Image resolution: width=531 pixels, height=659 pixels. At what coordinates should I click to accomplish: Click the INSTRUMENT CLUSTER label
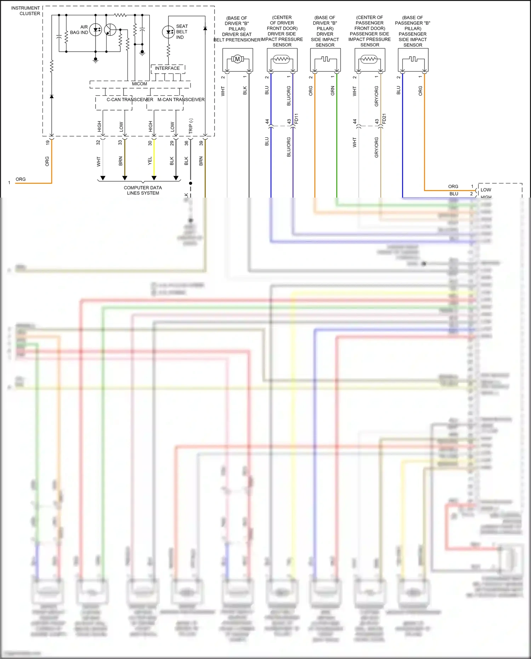pos(25,11)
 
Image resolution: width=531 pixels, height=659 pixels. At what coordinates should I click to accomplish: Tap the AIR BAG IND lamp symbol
pos(95,30)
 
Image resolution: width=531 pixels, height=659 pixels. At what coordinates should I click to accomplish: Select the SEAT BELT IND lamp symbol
pos(168,32)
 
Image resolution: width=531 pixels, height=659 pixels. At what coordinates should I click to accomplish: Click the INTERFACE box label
pos(167,68)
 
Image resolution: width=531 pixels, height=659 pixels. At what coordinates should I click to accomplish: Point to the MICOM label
pos(139,84)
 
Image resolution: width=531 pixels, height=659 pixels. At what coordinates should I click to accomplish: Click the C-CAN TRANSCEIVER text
pos(130,100)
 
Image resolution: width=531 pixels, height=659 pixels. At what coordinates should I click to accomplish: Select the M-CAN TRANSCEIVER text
pos(181,100)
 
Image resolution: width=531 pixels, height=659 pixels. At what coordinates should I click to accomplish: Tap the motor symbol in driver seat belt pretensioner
pos(238,59)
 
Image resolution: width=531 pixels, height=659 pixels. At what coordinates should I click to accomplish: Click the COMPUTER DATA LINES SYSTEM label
pos(143,190)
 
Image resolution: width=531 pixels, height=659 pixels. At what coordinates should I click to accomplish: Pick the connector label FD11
pos(296,118)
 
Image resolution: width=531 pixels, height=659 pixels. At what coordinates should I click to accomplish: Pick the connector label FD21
pos(384,118)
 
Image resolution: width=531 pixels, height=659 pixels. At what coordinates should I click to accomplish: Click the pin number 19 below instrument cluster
pos(47,142)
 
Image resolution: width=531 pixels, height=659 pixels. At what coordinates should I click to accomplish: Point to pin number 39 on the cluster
pos(201,143)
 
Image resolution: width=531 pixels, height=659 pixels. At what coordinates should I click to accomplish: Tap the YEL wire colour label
pos(150,161)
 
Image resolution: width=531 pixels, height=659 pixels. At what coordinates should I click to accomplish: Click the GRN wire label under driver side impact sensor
pos(332,91)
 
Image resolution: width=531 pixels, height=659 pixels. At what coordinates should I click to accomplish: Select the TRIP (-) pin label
pos(190,126)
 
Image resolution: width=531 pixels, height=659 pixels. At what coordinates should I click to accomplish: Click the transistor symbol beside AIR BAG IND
pos(110,30)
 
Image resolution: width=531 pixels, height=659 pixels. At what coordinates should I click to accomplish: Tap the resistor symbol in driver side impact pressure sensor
pos(282,59)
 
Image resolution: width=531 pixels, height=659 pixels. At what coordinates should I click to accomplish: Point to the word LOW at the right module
pos(486,190)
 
